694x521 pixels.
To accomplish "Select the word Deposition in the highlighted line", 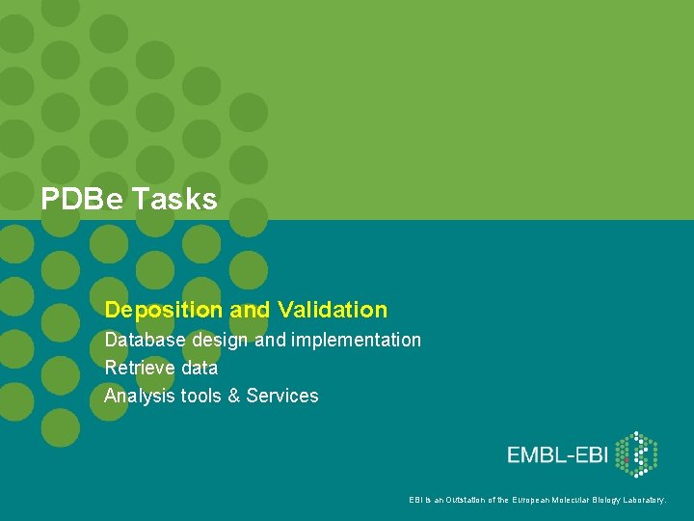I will pyautogui.click(x=164, y=310).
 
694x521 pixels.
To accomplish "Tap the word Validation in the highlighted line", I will pyautogui.click(x=332, y=310).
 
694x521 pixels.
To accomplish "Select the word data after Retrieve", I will pyautogui.click(x=199, y=368).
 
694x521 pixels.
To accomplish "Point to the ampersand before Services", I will pyautogui.click(x=234, y=396).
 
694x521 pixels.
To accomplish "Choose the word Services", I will pyautogui.click(x=282, y=396).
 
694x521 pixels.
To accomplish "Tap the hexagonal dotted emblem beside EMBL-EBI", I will pyautogui.click(x=636, y=454).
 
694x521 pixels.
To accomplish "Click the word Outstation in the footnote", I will pyautogui.click(x=467, y=500).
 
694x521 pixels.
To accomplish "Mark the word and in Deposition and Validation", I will pyautogui.click(x=251, y=310).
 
